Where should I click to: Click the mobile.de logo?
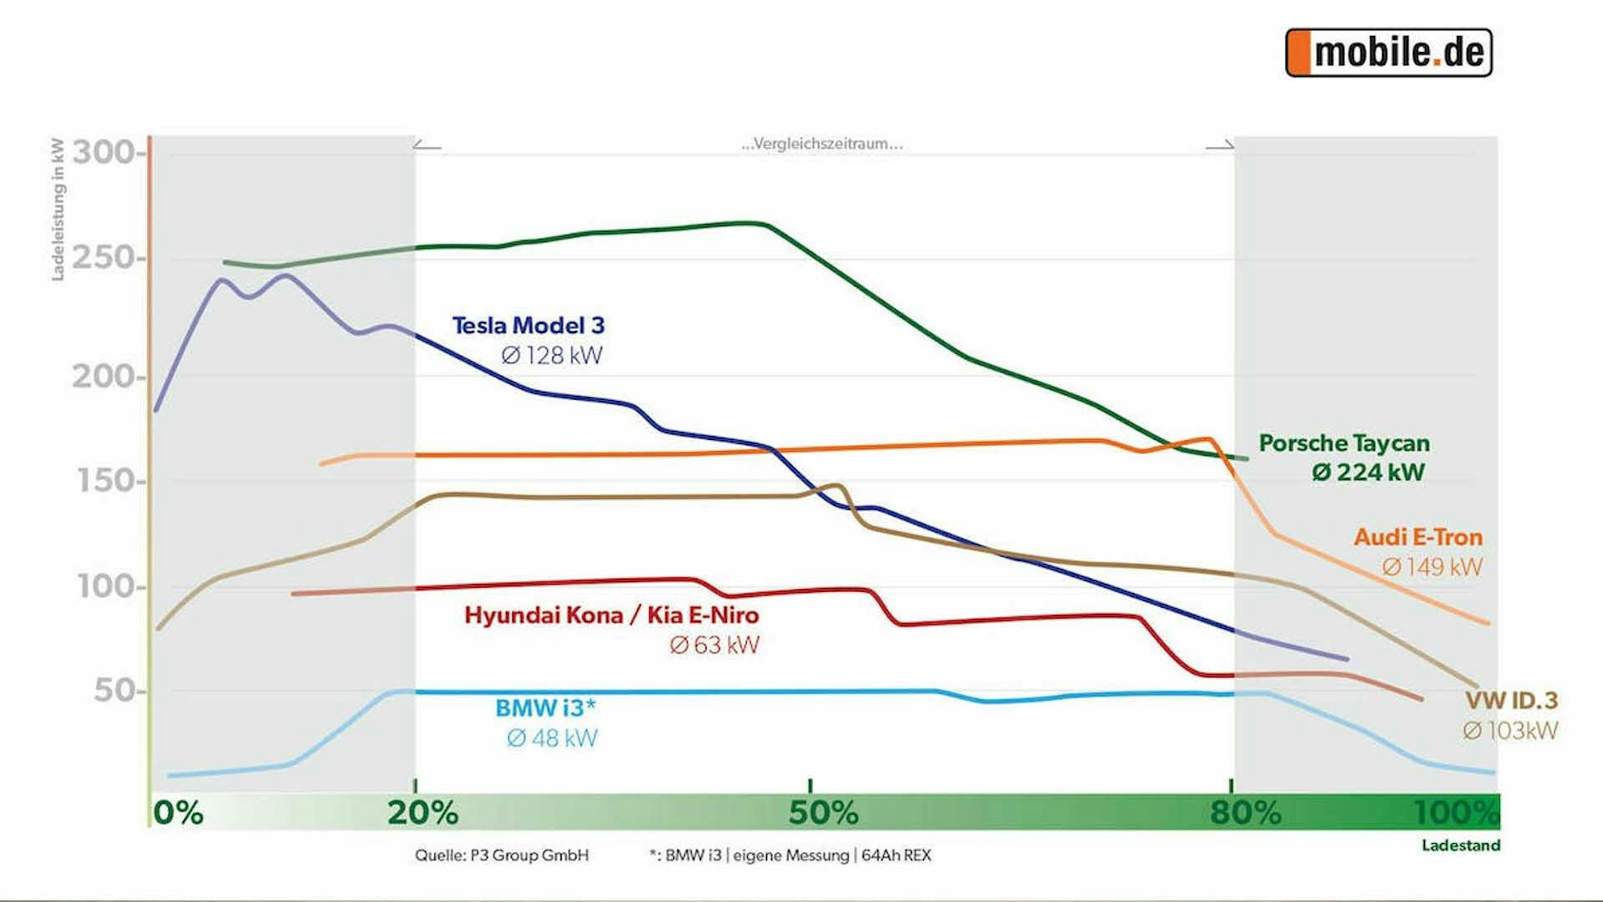1389,53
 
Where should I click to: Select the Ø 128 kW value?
552,355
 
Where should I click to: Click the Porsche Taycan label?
1344,443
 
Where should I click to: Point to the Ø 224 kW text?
1368,472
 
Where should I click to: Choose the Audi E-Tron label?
1418,537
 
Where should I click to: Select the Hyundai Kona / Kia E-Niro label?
612,615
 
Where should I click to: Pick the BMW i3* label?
546,708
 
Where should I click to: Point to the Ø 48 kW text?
552,738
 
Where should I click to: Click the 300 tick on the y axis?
103,152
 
